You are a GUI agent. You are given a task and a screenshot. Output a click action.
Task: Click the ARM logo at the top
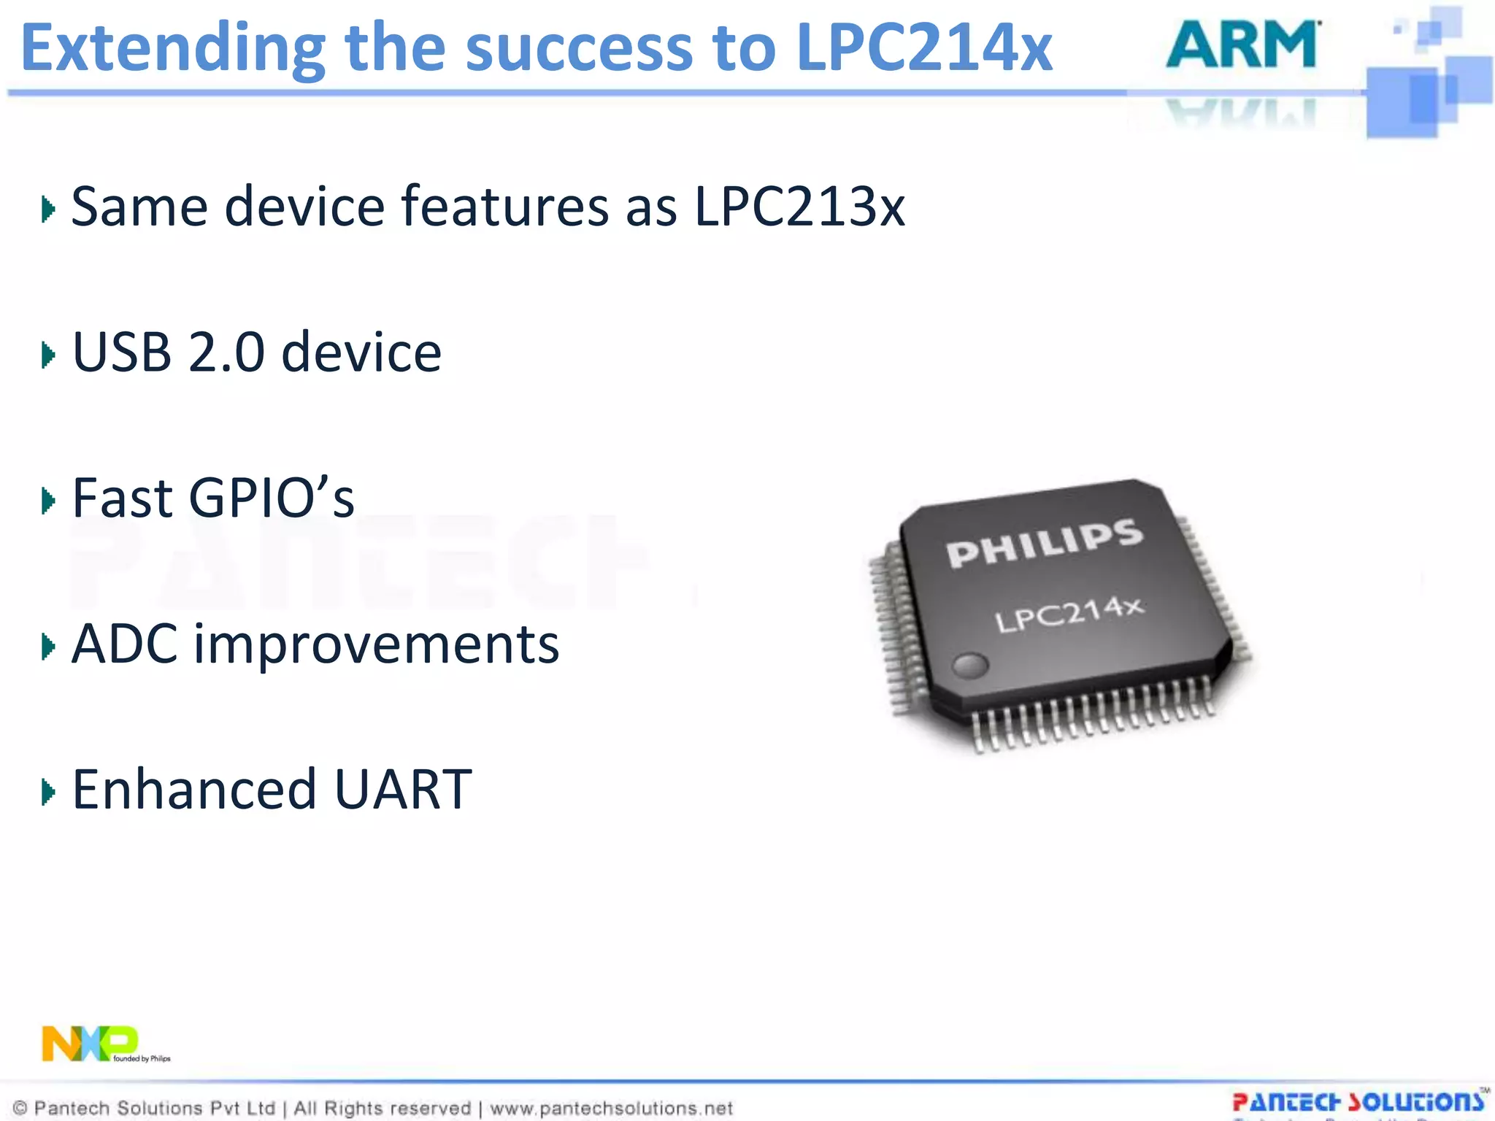coord(1243,45)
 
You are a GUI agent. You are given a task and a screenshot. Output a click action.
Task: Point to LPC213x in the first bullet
coord(799,207)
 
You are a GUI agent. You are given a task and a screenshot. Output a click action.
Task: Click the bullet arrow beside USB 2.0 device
coord(48,355)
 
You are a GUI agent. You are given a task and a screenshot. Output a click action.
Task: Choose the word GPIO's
coord(272,498)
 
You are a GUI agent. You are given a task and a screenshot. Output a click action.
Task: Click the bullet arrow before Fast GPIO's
coord(48,501)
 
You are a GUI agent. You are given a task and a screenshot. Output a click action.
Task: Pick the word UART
coord(403,790)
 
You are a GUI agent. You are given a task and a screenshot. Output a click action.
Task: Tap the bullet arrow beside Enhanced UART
coord(48,793)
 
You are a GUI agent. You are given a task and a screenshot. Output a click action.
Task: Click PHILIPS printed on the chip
coord(1045,544)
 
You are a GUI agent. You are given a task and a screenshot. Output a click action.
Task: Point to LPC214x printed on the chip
coord(1069,615)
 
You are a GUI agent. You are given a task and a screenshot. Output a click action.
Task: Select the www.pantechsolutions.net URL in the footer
coord(611,1108)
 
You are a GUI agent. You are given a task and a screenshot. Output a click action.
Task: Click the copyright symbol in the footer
coord(20,1108)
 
